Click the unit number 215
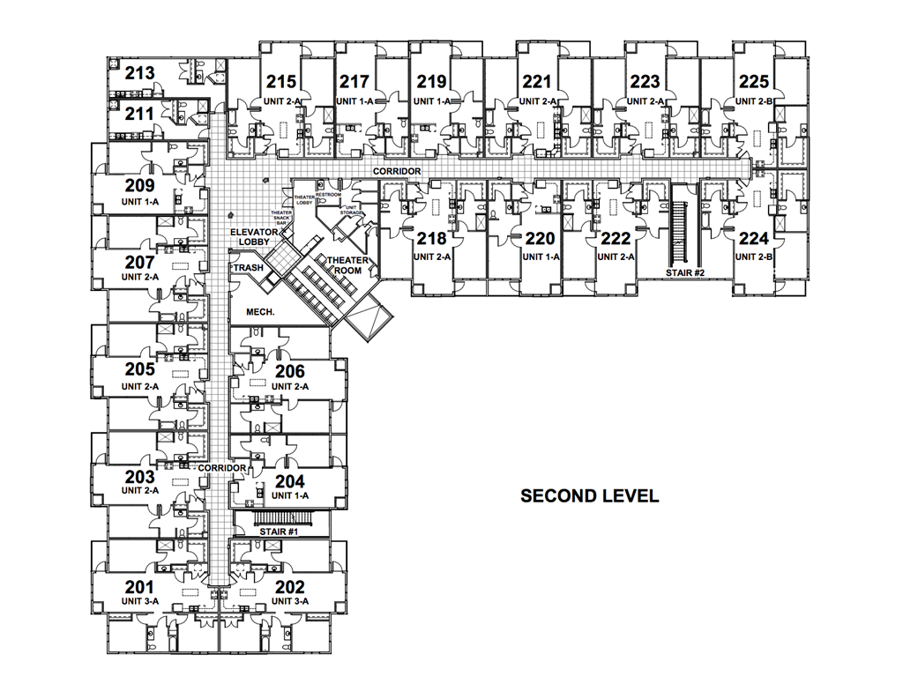pos(281,82)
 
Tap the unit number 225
pos(754,82)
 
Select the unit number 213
pos(139,73)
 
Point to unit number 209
pos(139,186)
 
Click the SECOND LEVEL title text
pos(589,495)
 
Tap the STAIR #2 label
pos(684,273)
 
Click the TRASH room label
pos(248,268)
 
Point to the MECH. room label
pos(260,311)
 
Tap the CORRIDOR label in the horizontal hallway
pos(396,171)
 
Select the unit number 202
pos(290,587)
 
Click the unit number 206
pos(290,371)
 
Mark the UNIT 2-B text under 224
pos(754,257)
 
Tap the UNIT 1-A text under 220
pos(541,257)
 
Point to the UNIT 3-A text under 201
pos(139,601)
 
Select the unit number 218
pos(431,239)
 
